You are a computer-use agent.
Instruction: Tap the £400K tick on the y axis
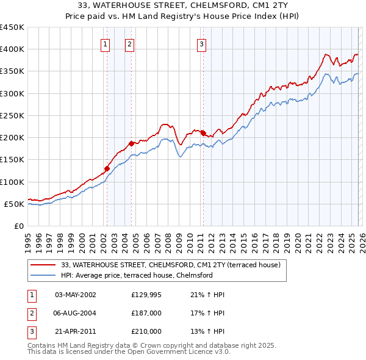click(12, 49)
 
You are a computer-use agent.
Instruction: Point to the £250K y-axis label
click(12, 115)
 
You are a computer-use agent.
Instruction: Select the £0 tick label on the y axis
click(18, 226)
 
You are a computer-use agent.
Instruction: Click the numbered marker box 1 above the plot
click(106, 43)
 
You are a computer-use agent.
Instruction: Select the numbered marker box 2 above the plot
click(131, 43)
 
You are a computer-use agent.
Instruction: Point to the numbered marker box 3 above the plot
click(201, 43)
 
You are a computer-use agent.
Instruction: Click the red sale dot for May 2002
click(107, 168)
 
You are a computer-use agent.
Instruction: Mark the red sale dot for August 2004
click(131, 143)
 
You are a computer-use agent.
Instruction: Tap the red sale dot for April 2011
click(203, 133)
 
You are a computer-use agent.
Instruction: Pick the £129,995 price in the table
click(146, 295)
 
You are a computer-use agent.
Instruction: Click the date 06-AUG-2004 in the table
click(76, 313)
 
